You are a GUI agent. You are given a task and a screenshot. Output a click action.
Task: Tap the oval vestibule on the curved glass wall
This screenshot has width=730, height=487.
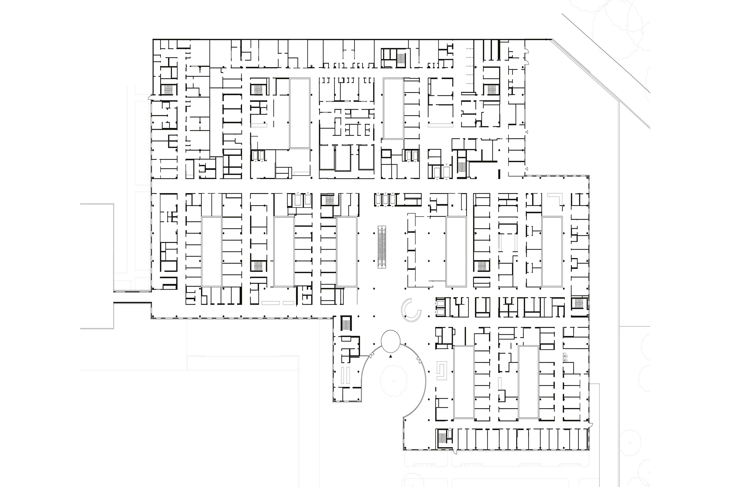point(391,341)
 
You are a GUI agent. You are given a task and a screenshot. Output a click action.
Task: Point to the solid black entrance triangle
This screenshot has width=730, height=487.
point(391,357)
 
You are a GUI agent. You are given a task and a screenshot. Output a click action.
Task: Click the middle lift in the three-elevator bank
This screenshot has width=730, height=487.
point(386,199)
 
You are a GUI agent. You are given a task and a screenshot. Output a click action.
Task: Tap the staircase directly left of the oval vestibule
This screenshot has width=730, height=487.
point(346,324)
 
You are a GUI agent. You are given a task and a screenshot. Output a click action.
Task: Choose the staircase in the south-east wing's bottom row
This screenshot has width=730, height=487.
point(441,438)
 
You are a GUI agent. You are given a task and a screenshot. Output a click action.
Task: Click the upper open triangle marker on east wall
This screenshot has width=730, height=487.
point(526,132)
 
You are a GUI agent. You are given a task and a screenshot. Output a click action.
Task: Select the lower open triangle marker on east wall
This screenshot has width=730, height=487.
point(526,169)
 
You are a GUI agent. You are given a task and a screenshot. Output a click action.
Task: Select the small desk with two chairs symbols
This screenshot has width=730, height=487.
point(565,357)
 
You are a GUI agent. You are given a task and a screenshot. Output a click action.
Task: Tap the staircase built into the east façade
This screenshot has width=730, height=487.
point(578,303)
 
